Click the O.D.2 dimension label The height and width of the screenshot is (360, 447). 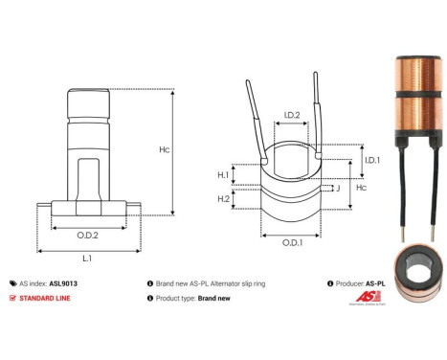coord(87,233)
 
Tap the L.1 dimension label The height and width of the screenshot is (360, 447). coord(87,259)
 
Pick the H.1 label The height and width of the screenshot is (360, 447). coord(223,175)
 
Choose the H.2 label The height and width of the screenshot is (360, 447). coord(223,198)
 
